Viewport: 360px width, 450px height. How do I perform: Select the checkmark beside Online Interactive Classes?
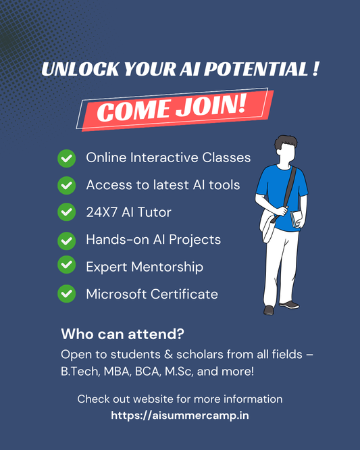[66, 158]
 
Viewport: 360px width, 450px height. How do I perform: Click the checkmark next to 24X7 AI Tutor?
[66, 212]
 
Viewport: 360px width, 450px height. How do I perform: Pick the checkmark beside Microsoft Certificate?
[66, 294]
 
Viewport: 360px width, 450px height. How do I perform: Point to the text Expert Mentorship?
[145, 267]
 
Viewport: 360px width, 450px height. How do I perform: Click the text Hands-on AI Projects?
[153, 240]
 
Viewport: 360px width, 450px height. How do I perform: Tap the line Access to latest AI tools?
[163, 185]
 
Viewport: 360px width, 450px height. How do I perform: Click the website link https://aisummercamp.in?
[180, 416]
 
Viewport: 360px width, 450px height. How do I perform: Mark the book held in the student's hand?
[294, 218]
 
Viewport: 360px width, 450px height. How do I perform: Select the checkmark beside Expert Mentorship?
[66, 267]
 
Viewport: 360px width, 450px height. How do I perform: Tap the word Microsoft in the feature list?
[115, 294]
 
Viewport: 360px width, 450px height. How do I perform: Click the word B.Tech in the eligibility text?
[78, 371]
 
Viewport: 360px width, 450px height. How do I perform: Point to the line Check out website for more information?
[180, 399]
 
